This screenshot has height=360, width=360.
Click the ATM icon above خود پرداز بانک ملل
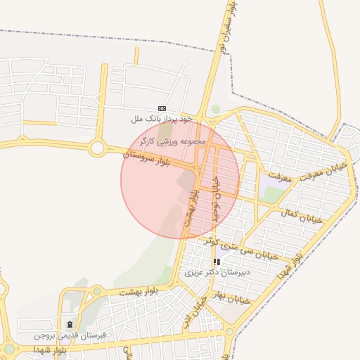point(163,108)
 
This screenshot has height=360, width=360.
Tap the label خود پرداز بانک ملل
point(162,120)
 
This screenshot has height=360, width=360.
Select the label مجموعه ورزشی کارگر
point(174,142)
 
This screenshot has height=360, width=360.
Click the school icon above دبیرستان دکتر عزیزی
point(217,262)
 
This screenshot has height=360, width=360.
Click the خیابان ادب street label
point(200,309)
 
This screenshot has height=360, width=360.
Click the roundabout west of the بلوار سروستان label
point(98,148)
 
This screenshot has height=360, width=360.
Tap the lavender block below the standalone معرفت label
point(271,189)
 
